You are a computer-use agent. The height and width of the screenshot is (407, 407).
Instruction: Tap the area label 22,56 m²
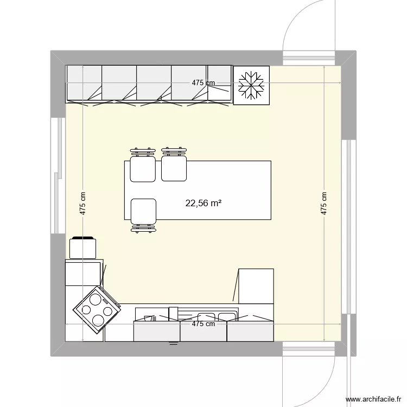pos(203,203)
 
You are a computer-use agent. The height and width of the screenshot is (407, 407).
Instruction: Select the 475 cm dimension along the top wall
pos(203,83)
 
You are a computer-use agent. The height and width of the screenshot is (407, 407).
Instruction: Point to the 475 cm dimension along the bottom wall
pos(203,324)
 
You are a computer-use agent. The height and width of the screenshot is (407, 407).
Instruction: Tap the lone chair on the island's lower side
pos(143,213)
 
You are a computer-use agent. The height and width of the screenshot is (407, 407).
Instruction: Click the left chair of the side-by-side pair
pos(143,167)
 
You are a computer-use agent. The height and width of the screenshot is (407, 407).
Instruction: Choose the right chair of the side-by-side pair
pos(174,166)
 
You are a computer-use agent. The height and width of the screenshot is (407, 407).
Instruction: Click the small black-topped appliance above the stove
pos(83,247)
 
